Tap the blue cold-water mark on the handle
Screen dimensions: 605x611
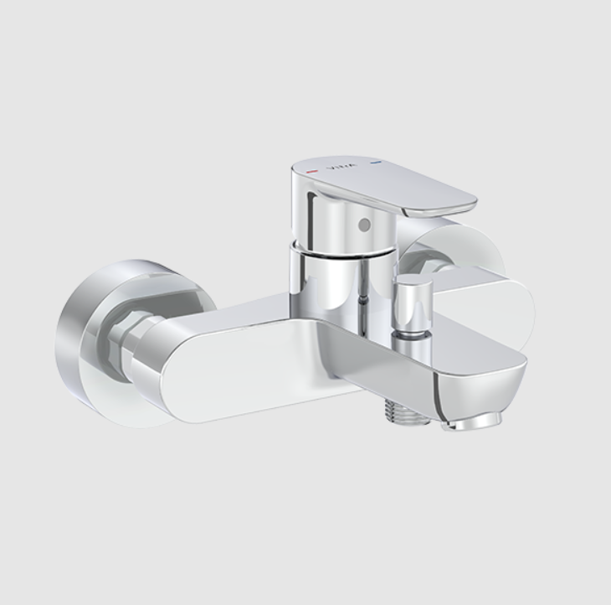[376, 161]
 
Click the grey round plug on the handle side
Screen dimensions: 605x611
[362, 224]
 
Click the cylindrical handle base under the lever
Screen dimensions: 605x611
[343, 222]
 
